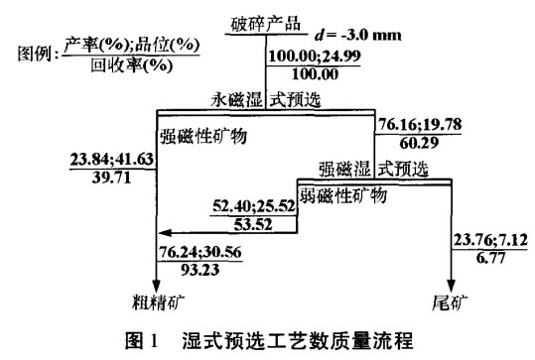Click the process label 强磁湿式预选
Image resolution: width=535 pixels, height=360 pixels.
(372, 166)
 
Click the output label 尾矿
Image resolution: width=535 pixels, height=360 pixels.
(453, 298)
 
